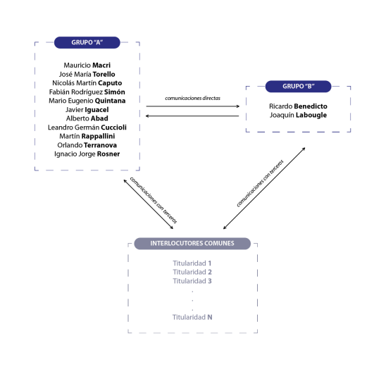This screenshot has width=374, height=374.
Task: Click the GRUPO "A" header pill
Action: click(x=87, y=42)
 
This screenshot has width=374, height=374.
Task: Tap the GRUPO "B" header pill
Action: click(x=298, y=87)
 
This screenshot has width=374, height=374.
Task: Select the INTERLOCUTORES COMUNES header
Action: click(x=192, y=244)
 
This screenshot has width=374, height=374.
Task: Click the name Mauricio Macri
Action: click(x=87, y=65)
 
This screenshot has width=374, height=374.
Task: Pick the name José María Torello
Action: click(x=87, y=74)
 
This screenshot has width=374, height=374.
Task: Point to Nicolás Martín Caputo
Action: click(x=87, y=83)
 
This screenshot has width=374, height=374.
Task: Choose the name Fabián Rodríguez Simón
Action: click(x=87, y=92)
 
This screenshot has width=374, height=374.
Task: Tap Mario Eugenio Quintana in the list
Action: click(x=87, y=101)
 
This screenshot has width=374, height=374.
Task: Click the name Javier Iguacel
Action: click(x=87, y=110)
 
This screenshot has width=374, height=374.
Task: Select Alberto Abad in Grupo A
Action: click(x=87, y=118)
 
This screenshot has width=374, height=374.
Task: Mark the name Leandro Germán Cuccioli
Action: click(x=87, y=127)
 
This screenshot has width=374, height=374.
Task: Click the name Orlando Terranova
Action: click(x=87, y=145)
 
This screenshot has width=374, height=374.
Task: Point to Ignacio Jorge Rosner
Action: click(x=87, y=154)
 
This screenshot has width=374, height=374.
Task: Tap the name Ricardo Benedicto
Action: click(x=298, y=106)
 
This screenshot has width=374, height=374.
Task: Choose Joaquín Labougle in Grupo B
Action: click(x=298, y=115)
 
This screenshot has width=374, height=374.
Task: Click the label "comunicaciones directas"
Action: click(x=193, y=99)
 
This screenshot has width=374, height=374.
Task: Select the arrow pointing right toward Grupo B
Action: click(x=193, y=106)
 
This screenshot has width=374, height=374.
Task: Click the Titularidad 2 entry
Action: click(x=192, y=272)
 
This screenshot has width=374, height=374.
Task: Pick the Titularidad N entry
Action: click(x=192, y=317)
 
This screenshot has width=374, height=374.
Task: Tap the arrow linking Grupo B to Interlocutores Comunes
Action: click(x=264, y=189)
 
